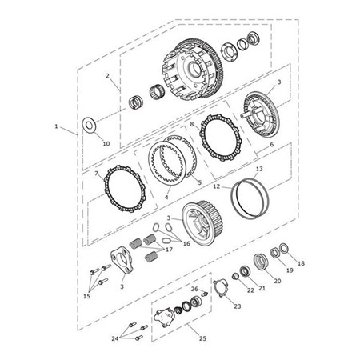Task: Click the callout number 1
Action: point(57,126)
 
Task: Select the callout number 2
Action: point(106,76)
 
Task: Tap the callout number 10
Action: point(106,144)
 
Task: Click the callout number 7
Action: point(98,174)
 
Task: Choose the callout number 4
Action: point(166,196)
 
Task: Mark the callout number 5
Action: point(200,182)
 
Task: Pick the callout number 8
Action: point(192,125)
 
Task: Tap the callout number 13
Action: point(258,170)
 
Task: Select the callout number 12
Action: point(218,186)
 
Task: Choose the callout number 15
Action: point(86,296)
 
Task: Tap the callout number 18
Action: point(301,263)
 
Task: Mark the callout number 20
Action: point(278,281)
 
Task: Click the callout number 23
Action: point(237,305)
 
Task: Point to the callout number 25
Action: point(202,338)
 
